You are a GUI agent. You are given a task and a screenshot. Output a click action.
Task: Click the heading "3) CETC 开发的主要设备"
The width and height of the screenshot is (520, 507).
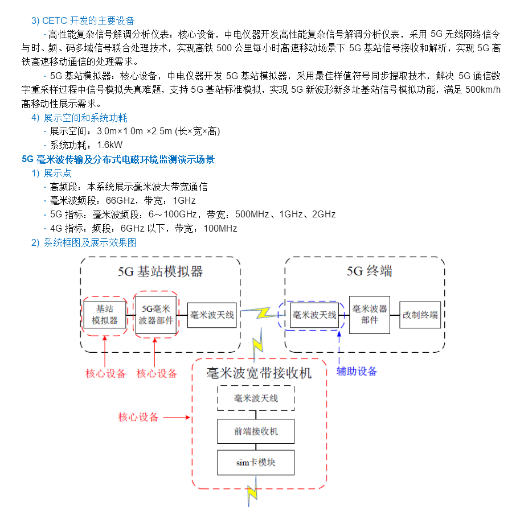pyautogui.click(x=83, y=21)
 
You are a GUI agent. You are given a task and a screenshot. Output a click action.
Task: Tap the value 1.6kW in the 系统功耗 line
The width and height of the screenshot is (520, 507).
pyautogui.click(x=110, y=145)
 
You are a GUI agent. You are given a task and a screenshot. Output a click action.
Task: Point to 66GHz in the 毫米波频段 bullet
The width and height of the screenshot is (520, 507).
pyautogui.click(x=119, y=201)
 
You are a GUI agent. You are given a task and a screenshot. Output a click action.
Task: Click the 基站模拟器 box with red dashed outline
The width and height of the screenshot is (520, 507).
pyautogui.click(x=105, y=315)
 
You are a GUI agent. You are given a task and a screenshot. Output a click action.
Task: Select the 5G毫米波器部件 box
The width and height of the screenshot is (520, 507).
pyautogui.click(x=156, y=315)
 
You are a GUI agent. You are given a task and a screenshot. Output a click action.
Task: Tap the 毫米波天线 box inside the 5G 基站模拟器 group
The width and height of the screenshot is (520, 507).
pyautogui.click(x=212, y=315)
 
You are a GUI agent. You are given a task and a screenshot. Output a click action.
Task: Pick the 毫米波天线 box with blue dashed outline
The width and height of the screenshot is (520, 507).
pyautogui.click(x=314, y=315)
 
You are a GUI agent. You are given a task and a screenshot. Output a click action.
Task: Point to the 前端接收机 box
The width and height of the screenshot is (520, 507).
pyautogui.click(x=256, y=432)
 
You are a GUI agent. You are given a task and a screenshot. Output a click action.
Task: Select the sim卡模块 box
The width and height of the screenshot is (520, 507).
pyautogui.click(x=256, y=463)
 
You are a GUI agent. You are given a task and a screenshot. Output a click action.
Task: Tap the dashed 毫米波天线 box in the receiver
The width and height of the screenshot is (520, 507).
pyautogui.click(x=256, y=398)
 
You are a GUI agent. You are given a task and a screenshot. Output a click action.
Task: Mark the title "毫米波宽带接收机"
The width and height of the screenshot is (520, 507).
pyautogui.click(x=259, y=373)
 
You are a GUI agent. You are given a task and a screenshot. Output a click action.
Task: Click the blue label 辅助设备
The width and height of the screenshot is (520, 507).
pyautogui.click(x=357, y=372)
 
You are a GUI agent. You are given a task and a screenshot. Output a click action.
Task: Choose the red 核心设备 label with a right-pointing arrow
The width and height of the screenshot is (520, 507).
pyautogui.click(x=138, y=417)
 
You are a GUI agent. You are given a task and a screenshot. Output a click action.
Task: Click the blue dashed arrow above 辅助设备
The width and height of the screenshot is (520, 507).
pyautogui.click(x=339, y=346)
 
